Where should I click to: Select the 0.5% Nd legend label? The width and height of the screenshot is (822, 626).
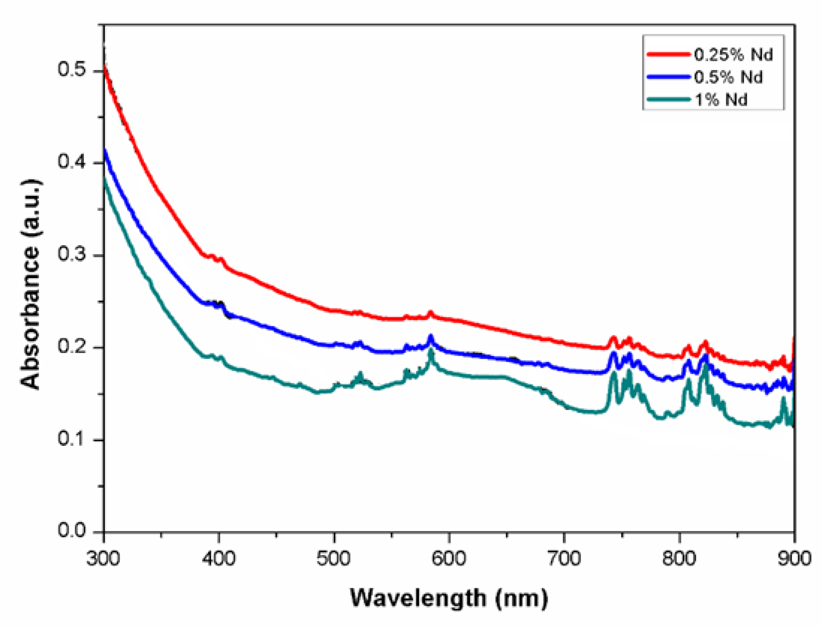click(x=728, y=77)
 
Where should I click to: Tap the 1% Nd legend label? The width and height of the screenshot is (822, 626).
click(x=721, y=100)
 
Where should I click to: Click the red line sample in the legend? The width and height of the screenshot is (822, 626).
click(x=668, y=55)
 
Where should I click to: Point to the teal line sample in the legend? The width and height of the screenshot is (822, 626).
click(x=668, y=99)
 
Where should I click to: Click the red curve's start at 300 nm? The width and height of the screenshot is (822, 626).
click(x=104, y=67)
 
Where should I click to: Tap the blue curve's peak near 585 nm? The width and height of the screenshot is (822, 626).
click(x=431, y=336)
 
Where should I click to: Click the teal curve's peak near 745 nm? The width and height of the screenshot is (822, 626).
click(x=614, y=373)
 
